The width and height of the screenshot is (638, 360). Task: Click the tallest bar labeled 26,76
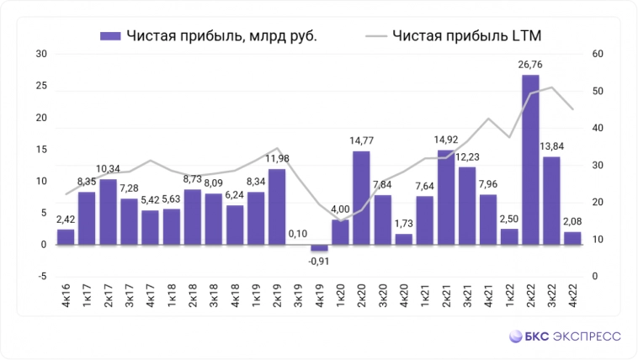click(530, 160)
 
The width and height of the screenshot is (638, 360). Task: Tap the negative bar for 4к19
click(319, 248)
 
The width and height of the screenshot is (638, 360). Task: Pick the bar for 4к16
click(66, 237)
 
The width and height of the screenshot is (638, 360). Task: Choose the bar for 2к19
click(277, 207)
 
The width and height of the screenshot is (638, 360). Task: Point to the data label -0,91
click(319, 260)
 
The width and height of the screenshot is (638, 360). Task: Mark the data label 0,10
click(298, 233)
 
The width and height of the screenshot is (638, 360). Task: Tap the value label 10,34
click(108, 169)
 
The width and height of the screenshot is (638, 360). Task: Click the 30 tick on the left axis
click(40, 55)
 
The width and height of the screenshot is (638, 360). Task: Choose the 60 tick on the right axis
click(599, 55)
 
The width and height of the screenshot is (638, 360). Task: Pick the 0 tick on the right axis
click(596, 277)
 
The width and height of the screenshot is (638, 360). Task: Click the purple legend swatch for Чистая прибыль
click(110, 35)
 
